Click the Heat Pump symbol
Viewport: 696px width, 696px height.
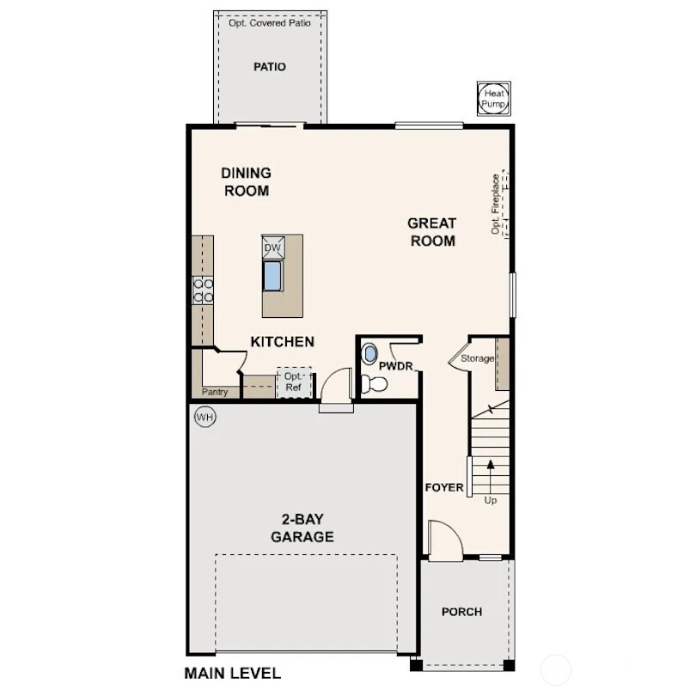[493, 98]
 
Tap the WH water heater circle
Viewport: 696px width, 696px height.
[205, 417]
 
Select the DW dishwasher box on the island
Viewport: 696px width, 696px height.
[272, 247]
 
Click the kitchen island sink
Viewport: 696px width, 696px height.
[273, 275]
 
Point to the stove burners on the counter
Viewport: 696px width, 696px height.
[203, 290]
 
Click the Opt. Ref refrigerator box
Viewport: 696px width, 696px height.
[294, 382]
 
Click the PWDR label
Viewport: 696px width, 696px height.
[396, 366]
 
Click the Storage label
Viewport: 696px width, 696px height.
[477, 358]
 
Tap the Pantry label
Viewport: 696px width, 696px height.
[215, 392]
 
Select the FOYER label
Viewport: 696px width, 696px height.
[444, 488]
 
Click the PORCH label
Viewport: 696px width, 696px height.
[461, 612]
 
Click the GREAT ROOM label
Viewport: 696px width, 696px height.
[432, 232]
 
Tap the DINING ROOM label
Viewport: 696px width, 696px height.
[247, 182]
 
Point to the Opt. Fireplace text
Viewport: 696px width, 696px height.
[495, 205]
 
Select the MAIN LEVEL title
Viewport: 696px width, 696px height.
[232, 673]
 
